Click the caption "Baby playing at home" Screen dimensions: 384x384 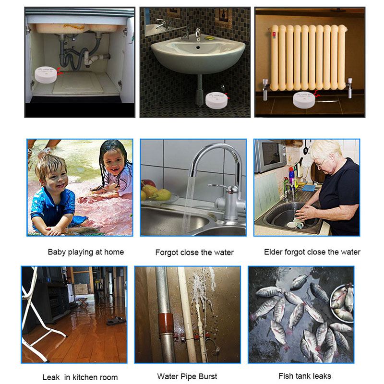[x=85, y=252]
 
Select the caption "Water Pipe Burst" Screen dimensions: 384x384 [x=187, y=376]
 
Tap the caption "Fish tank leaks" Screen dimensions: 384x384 [x=304, y=376]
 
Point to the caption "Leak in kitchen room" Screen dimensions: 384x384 [x=80, y=377]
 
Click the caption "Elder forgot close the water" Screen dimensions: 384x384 [x=312, y=252]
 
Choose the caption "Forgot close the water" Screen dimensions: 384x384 [x=194, y=252]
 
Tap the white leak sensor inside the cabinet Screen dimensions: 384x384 [x=46, y=74]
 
